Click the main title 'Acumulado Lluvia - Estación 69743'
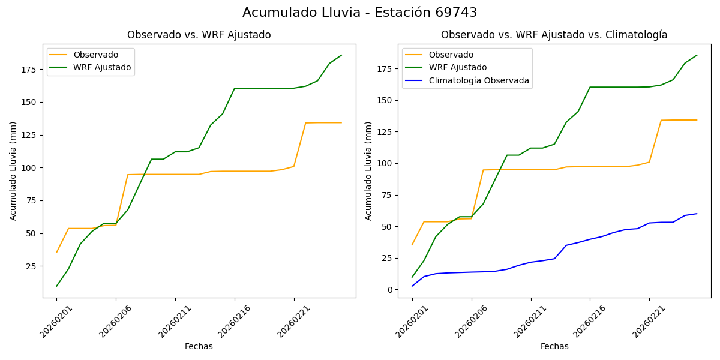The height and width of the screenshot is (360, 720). click(360, 13)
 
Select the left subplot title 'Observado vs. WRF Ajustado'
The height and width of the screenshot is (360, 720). click(199, 35)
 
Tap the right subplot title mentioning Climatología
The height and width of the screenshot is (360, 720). click(554, 35)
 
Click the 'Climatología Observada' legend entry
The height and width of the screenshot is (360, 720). click(482, 80)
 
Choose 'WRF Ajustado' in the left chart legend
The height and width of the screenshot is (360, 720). click(102, 67)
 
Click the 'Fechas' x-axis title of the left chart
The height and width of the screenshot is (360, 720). click(199, 346)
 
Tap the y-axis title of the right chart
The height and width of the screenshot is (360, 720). click(368, 170)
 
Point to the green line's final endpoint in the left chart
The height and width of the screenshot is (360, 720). click(341, 55)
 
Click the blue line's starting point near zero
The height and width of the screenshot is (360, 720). click(412, 286)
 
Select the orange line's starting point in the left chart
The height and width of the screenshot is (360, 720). click(57, 252)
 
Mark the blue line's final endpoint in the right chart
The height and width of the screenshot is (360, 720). click(697, 214)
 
